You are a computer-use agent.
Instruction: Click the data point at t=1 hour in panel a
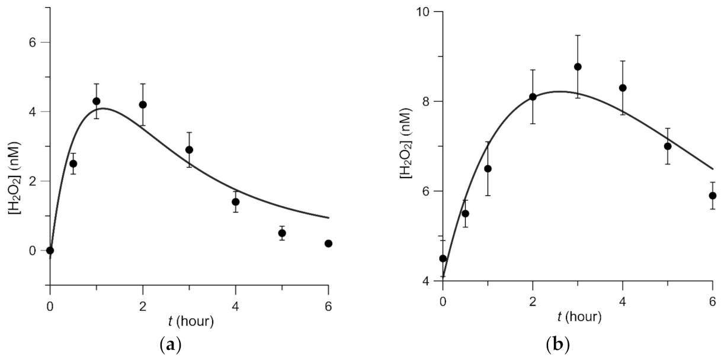point(97,101)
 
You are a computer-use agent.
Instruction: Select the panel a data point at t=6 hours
point(328,243)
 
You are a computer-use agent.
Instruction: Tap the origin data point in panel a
point(50,250)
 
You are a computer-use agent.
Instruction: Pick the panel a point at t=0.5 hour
point(73,163)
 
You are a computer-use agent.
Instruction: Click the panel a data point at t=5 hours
point(282,233)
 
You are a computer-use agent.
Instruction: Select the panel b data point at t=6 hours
point(713,195)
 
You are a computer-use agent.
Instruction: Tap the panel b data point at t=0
point(443,258)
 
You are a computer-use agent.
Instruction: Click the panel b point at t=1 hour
point(488,169)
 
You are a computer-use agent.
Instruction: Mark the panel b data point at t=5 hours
point(668,146)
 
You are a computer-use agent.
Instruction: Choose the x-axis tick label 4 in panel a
point(236,307)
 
